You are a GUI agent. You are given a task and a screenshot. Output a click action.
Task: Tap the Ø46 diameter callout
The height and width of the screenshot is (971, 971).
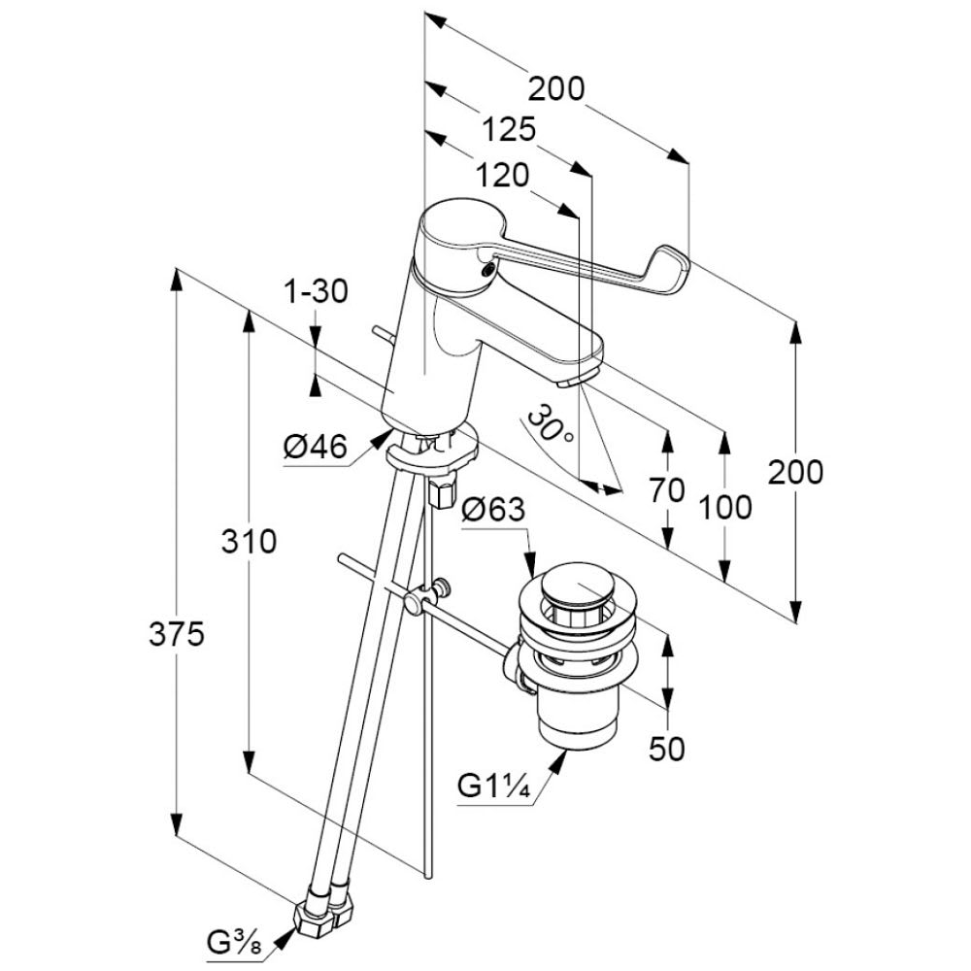pos(315,448)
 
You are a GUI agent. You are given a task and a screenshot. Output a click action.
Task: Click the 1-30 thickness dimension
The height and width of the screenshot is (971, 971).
pos(315,290)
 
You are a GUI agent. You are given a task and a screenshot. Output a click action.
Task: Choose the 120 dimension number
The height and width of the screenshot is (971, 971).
pos(503,175)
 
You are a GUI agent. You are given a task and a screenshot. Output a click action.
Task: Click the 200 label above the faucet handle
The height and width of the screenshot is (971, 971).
pos(557,89)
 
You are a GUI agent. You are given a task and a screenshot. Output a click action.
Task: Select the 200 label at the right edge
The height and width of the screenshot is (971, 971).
pos(795,472)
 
